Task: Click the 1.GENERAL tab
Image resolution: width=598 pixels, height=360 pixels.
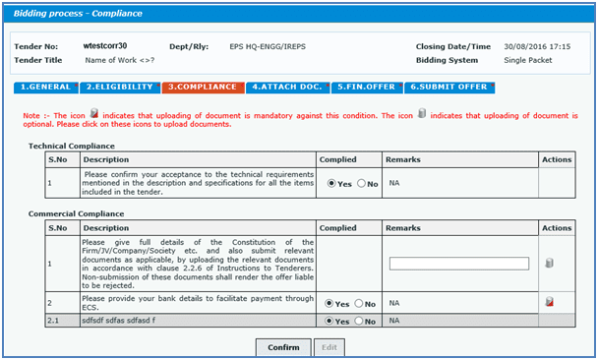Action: [x=46, y=87]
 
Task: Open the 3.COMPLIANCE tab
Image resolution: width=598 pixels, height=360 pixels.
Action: [x=203, y=87]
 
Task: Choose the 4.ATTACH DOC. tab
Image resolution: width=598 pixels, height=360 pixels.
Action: [x=287, y=87]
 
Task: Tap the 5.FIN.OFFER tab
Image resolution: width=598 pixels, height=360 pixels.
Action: [x=366, y=87]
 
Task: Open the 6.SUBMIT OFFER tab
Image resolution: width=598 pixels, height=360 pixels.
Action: [x=448, y=87]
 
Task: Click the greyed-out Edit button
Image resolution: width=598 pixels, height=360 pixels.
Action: [x=329, y=347]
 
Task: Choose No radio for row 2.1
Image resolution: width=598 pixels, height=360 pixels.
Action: [x=360, y=321]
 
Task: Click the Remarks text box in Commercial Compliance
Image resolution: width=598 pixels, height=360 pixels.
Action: [x=459, y=263]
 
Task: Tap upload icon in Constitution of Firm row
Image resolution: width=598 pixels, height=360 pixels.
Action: [x=550, y=263]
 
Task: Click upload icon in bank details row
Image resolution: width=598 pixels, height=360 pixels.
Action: [x=550, y=302]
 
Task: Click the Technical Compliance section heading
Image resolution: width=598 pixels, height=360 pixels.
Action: [x=73, y=145]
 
